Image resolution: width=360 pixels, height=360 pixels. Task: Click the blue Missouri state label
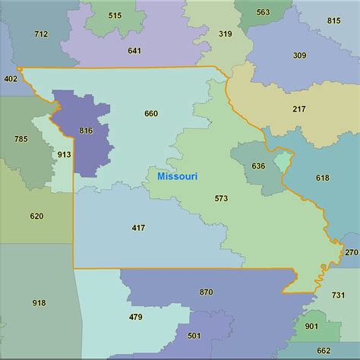177,176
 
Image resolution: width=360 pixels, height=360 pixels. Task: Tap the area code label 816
86,131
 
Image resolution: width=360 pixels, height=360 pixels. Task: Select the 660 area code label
151,114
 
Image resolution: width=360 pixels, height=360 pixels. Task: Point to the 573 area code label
221,198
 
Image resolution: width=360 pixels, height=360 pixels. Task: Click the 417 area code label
138,227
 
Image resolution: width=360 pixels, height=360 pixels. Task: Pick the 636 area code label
258,166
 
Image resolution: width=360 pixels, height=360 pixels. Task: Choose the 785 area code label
21,139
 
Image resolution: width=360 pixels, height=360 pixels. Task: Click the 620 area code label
36,216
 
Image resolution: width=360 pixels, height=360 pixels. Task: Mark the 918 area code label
39,303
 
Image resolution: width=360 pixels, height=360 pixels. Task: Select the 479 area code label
136,317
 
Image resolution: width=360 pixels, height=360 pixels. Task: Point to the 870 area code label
207,292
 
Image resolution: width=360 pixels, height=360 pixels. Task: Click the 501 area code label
194,336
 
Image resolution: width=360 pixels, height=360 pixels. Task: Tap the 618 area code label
322,178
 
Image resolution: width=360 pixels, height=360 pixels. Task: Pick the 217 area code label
299,109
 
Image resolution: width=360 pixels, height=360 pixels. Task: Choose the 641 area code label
134,51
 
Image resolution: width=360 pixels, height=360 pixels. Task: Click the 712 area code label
41,33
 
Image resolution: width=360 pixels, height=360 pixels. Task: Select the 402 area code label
11,78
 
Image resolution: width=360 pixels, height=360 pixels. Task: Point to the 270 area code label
351,252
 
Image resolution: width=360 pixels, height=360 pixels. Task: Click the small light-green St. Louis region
283,161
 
